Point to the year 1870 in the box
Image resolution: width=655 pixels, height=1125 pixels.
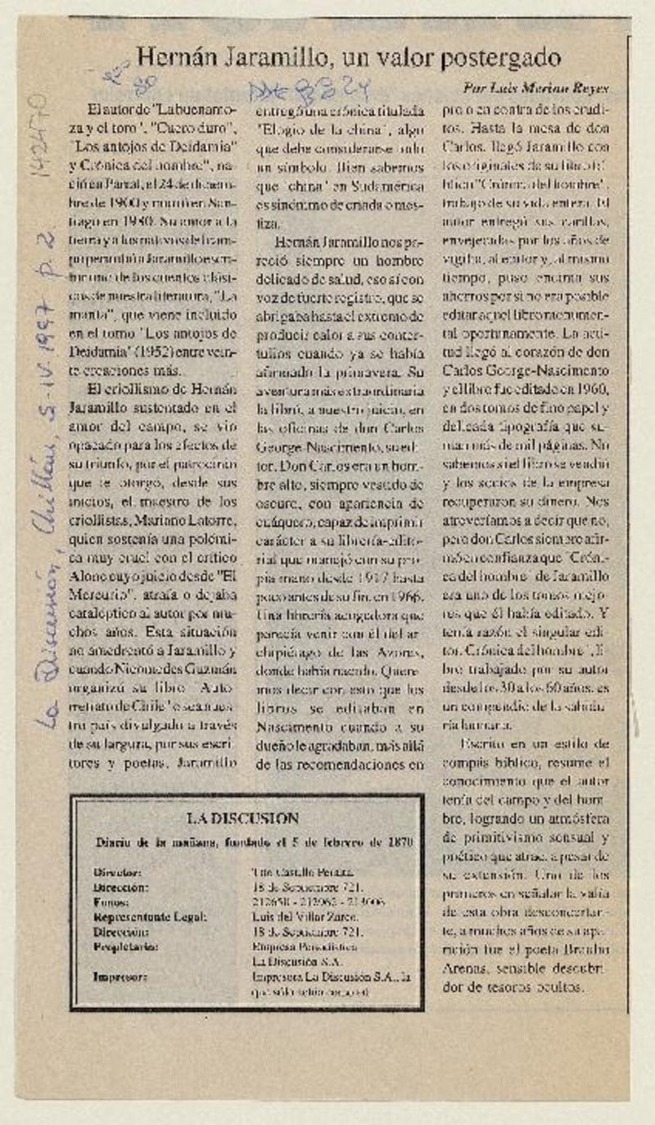tap(400, 842)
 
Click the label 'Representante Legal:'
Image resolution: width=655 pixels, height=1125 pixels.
tap(150, 917)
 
